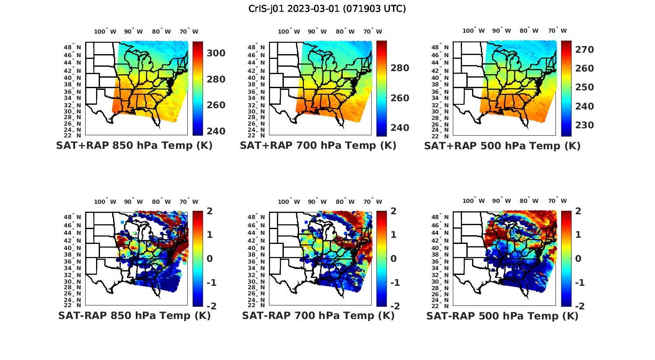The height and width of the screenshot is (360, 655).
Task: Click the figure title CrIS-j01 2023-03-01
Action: (x=327, y=9)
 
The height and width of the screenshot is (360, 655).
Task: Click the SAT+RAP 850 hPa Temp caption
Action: (x=134, y=146)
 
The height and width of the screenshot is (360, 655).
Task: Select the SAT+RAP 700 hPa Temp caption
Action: (x=318, y=146)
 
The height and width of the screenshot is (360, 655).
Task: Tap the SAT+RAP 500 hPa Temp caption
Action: (x=502, y=146)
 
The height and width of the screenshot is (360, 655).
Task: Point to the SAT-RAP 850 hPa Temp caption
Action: (x=134, y=315)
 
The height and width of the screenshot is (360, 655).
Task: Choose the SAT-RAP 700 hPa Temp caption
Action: (x=318, y=315)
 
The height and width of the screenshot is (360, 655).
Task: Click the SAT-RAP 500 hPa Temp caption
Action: (x=502, y=315)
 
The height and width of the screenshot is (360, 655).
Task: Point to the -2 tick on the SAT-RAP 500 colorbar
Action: (x=579, y=306)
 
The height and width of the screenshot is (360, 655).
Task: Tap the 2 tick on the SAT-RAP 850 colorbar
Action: (x=209, y=212)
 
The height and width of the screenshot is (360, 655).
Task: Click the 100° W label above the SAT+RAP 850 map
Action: (x=105, y=31)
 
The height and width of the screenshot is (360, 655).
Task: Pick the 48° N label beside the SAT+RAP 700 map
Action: (x=256, y=47)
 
